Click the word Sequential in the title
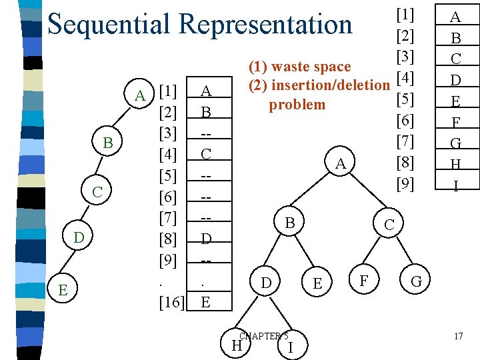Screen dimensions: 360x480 pos(110,25)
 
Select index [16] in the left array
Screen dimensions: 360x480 pos(172,303)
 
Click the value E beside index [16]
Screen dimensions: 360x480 pos(206,303)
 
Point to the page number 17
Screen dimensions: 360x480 pos(458,336)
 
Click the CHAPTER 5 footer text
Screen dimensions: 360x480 pos(264,336)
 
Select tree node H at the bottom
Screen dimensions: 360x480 pos(235,345)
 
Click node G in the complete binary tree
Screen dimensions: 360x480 pos(417,282)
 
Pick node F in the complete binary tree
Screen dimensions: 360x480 pos(364,281)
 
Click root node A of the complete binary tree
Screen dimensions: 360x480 pos(340,163)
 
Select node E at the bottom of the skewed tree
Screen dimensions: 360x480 pos(62,290)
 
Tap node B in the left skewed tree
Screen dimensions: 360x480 pos(108,143)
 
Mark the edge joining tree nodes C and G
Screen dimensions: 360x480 pos(403,253)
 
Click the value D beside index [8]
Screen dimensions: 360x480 pos(206,238)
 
